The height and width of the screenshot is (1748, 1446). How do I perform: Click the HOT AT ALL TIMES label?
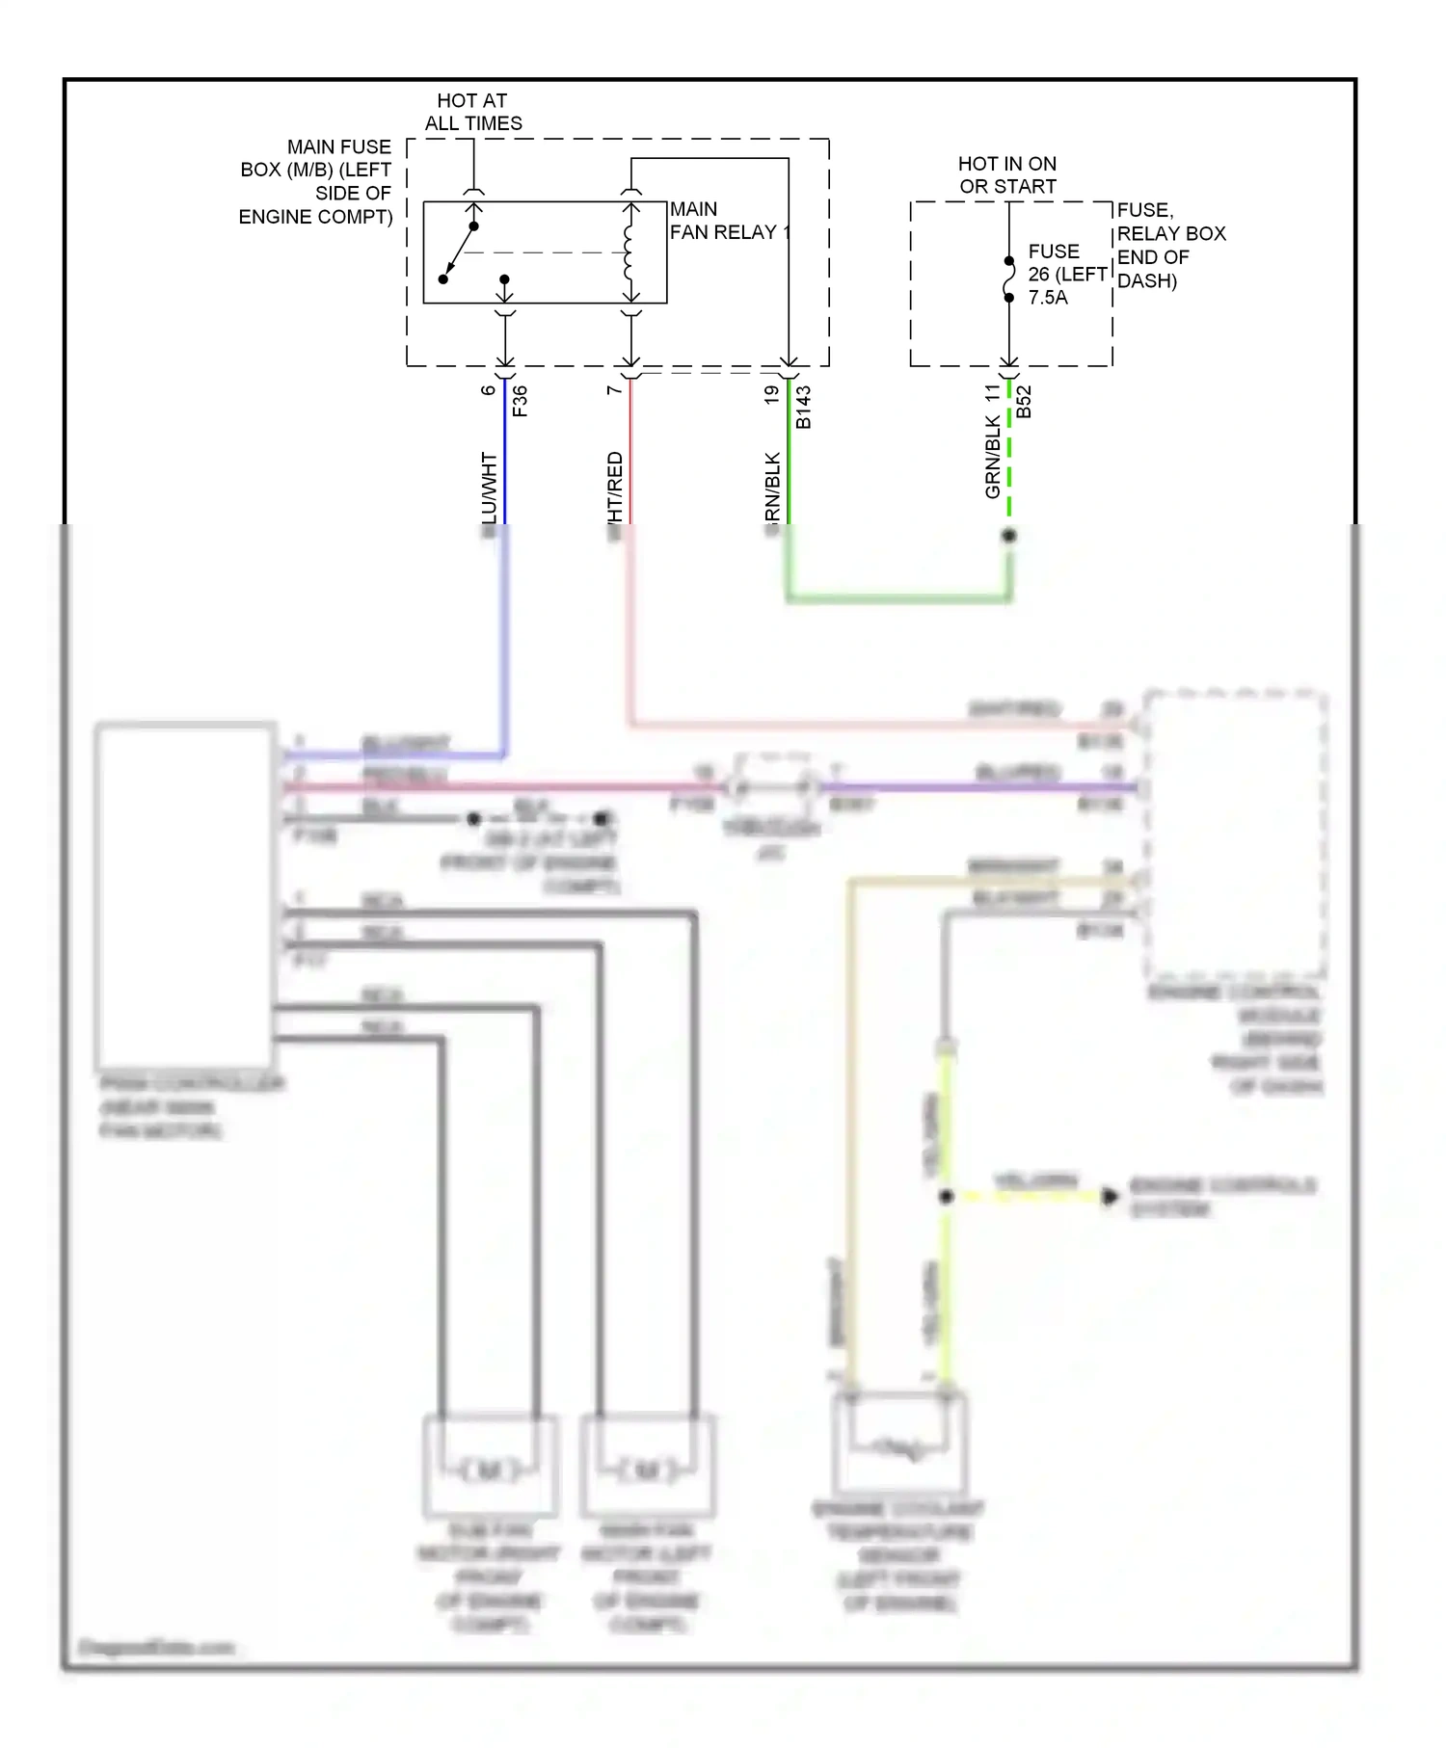[472, 112]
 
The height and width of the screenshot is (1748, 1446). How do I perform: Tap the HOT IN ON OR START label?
[1007, 174]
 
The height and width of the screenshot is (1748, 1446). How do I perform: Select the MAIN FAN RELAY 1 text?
[728, 221]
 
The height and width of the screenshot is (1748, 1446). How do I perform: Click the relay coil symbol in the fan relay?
[630, 252]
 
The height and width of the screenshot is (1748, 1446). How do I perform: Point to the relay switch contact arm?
[459, 252]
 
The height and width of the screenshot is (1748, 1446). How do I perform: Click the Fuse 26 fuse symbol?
[1009, 278]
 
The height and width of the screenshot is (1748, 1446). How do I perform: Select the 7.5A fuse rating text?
[1048, 298]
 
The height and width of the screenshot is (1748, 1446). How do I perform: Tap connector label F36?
[520, 401]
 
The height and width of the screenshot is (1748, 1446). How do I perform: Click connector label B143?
[803, 408]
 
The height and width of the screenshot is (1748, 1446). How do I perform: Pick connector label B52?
[1024, 402]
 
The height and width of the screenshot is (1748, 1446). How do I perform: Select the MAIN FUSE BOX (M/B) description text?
[316, 181]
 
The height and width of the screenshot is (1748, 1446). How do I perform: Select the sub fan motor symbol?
[490, 1470]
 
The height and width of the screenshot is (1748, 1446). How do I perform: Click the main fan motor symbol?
[647, 1470]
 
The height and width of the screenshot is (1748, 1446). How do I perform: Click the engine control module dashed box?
[1234, 834]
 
